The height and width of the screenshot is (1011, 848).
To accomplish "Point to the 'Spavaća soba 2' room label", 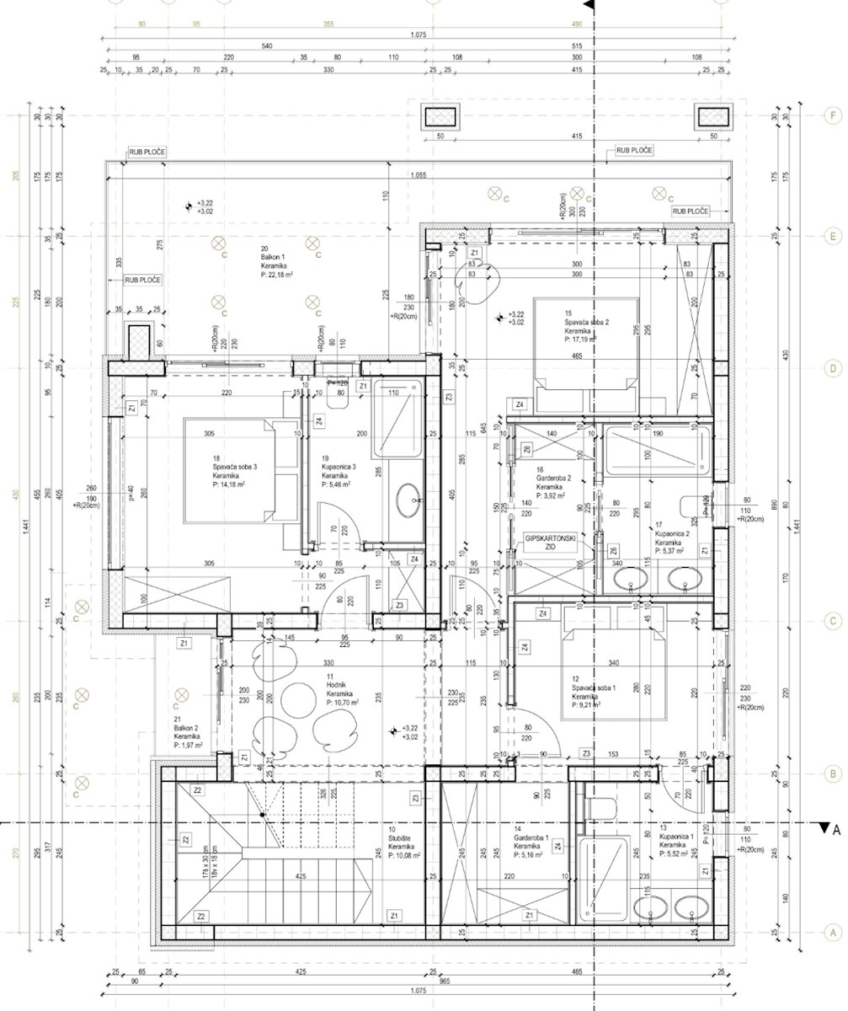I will tap(586, 324).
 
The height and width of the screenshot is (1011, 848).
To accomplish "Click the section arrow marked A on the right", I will tap(824, 828).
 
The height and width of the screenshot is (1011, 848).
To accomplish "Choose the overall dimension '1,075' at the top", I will tap(418, 35).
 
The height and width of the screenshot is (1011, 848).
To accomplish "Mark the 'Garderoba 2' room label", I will tap(551, 486).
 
